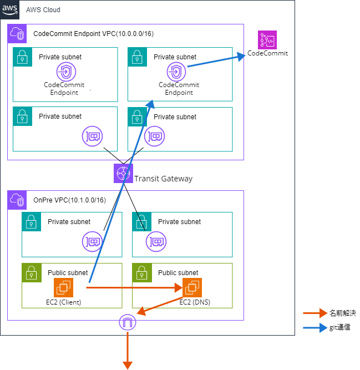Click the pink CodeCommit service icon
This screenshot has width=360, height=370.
click(267, 40)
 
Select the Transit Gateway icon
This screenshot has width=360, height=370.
click(123, 174)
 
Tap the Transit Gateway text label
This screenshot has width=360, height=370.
click(163, 178)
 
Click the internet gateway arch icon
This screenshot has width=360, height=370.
click(128, 322)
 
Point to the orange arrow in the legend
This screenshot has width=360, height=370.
click(315, 313)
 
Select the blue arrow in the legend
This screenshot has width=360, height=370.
click(315, 328)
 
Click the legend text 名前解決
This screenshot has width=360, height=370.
click(340, 313)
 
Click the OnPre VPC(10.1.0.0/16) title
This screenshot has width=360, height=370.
click(69, 200)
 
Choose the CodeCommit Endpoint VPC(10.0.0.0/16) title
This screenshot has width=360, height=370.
click(94, 34)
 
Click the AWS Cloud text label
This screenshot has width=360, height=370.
click(43, 10)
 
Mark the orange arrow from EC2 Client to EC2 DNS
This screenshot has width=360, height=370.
click(133, 288)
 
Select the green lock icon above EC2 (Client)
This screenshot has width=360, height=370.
click(31, 272)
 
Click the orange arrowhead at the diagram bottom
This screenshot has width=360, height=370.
click(128, 364)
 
